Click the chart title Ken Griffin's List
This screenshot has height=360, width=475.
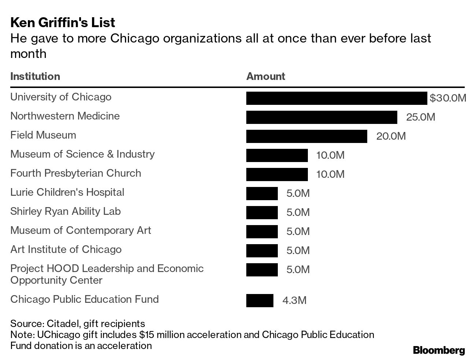pyautogui.click(x=63, y=23)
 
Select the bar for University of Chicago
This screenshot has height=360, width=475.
pyautogui.click(x=336, y=98)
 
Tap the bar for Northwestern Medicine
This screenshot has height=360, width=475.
pyautogui.click(x=321, y=117)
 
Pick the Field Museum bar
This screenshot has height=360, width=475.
pyautogui.click(x=306, y=136)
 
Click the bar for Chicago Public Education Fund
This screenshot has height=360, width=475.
pyautogui.click(x=259, y=301)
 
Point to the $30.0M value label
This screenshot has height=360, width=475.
pyautogui.click(x=448, y=98)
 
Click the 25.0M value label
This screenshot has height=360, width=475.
pyautogui.click(x=420, y=117)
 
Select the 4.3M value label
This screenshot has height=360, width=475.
pyautogui.click(x=294, y=301)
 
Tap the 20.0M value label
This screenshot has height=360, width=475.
pyautogui.click(x=391, y=136)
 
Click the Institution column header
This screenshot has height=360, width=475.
pyautogui.click(x=35, y=76)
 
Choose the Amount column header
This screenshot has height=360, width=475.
pyautogui.click(x=265, y=76)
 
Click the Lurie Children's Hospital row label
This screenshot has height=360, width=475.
pyautogui.click(x=67, y=192)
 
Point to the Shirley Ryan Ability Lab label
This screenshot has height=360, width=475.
pyautogui.click(x=65, y=211)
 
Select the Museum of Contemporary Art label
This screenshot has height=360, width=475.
pyautogui.click(x=81, y=230)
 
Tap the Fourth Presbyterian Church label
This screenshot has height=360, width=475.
pyautogui.click(x=76, y=173)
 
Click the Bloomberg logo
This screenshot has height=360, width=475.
pyautogui.click(x=438, y=350)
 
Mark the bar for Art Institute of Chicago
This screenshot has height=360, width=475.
pyautogui.click(x=262, y=251)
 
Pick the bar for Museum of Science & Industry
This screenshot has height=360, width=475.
pyautogui.click(x=277, y=155)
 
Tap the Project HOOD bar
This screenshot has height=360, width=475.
pyautogui.click(x=262, y=270)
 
